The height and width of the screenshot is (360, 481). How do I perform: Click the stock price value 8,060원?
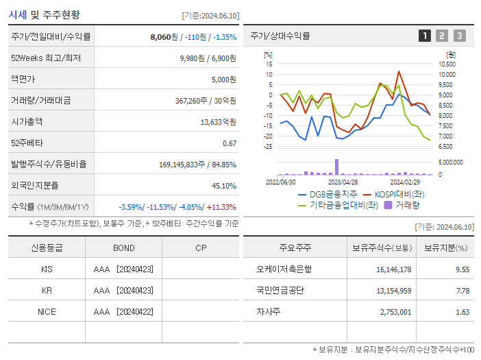164,37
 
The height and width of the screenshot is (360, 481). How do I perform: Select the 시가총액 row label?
27,121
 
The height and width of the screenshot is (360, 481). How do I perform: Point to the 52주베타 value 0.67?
230,143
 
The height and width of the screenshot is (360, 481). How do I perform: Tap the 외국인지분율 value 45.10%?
224,185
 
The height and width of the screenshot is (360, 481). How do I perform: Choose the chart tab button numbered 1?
425,36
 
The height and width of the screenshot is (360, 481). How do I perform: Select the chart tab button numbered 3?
459,36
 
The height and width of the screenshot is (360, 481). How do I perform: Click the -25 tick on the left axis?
269,146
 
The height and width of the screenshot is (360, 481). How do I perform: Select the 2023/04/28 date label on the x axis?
343,182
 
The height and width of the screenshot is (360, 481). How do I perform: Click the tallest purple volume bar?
336,167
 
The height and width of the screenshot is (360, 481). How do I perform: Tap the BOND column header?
124,248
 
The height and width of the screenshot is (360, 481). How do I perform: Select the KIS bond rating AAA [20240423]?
123,269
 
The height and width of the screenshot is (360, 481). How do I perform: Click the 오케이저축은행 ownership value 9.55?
463,269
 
